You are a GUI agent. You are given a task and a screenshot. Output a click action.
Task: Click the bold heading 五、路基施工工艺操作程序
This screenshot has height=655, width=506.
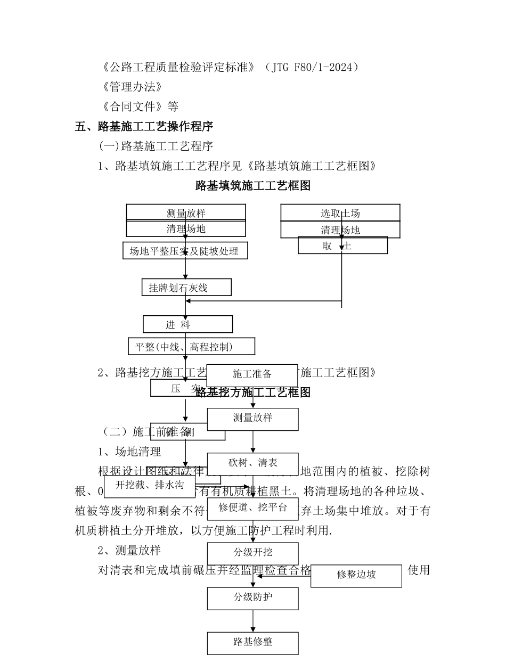144,126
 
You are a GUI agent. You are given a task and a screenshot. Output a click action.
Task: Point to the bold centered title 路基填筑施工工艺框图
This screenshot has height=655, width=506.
253,185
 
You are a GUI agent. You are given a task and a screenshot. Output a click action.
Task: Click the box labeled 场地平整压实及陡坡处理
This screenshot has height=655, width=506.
184,251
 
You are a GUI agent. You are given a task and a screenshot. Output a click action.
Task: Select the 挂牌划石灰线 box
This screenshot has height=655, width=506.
186,288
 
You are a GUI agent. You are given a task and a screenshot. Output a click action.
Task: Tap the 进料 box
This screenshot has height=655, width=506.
187,324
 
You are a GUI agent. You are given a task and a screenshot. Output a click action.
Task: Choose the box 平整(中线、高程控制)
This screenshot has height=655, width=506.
191,347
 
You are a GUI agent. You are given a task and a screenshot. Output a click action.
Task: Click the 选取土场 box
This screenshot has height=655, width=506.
340,213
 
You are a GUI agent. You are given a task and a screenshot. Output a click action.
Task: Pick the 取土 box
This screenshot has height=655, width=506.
342,245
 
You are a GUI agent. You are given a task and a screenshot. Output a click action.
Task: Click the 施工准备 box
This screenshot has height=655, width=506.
252,374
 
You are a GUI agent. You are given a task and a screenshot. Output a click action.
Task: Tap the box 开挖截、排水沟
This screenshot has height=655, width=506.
150,485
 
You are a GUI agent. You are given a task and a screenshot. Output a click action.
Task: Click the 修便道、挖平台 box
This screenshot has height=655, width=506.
252,508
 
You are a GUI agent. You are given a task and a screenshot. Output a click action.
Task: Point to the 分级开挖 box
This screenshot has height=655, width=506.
252,553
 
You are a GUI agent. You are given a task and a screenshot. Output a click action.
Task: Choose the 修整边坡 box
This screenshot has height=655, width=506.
356,575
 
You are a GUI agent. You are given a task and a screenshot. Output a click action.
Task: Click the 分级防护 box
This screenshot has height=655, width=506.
252,597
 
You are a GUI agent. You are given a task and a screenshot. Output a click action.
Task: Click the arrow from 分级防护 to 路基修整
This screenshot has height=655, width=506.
252,621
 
